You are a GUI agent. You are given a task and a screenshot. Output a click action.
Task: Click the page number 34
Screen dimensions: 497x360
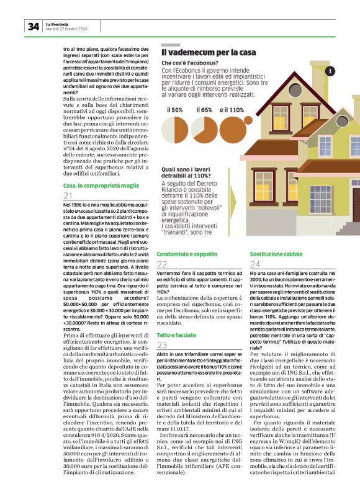33,26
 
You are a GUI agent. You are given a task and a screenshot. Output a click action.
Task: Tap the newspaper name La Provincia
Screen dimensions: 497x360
57,24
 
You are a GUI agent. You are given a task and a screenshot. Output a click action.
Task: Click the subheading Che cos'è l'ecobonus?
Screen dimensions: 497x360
190,63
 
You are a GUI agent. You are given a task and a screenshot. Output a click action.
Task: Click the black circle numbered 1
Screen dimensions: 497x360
330,71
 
